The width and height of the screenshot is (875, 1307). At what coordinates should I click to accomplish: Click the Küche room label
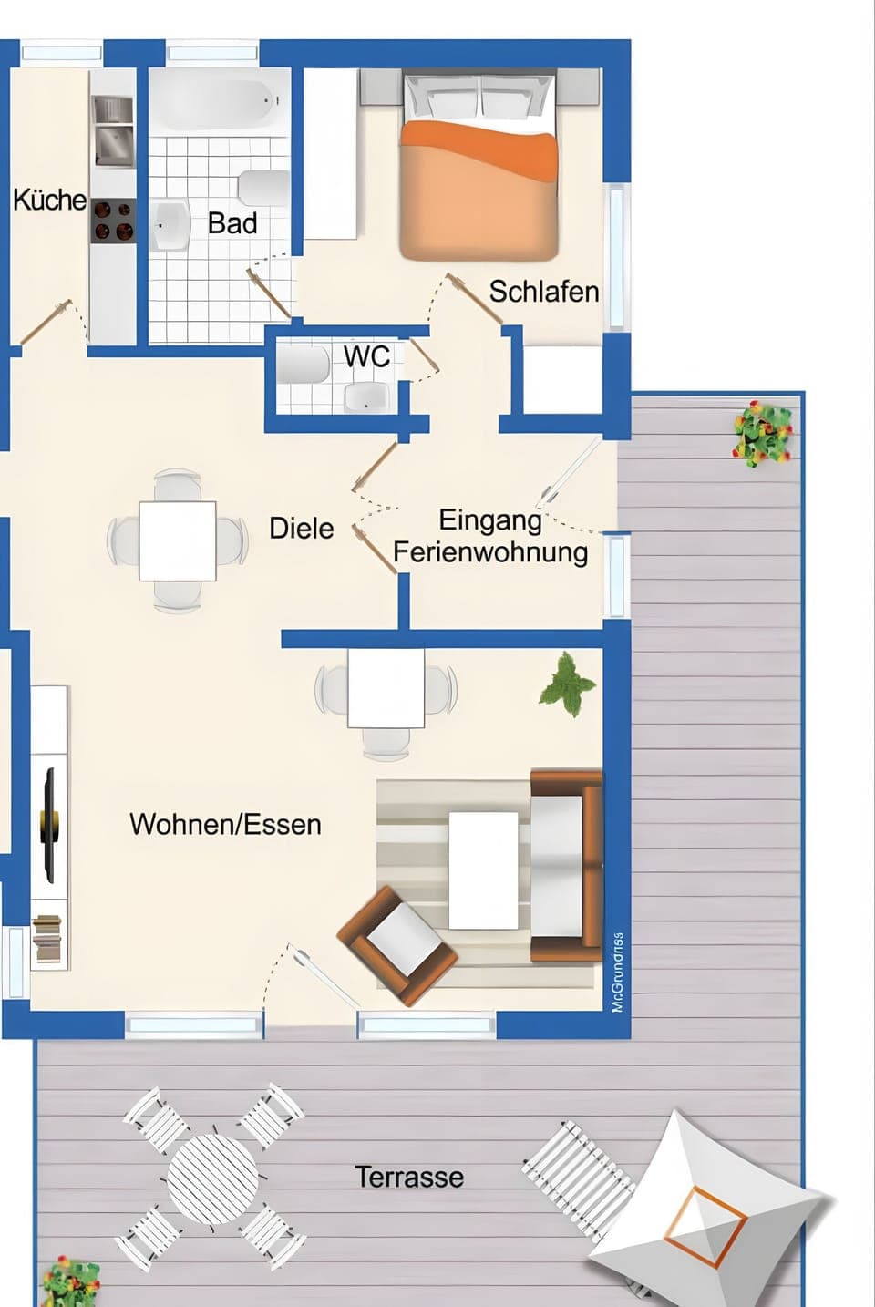click(49, 200)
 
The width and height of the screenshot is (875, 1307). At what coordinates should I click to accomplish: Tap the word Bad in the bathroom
click(232, 223)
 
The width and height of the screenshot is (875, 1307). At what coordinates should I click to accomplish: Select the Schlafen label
click(543, 292)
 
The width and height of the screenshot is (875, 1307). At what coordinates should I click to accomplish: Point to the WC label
click(366, 356)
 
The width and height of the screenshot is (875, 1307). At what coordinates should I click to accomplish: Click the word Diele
click(301, 529)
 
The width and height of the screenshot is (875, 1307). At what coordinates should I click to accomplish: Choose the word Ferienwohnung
click(490, 552)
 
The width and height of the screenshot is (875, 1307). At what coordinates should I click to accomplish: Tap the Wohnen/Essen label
click(225, 824)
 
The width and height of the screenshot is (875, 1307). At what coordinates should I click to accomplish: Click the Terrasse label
click(409, 1177)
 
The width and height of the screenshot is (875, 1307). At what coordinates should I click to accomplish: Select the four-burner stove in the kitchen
click(113, 221)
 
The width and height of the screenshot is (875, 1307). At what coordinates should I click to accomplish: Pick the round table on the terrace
click(212, 1177)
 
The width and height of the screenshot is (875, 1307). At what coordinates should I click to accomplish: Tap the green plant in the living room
click(568, 684)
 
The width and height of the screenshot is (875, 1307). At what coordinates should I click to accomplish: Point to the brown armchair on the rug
click(397, 945)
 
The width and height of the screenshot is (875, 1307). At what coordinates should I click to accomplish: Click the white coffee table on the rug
click(483, 870)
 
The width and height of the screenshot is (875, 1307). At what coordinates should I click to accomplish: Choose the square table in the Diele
click(178, 540)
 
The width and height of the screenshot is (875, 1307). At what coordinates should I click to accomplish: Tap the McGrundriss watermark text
click(617, 972)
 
